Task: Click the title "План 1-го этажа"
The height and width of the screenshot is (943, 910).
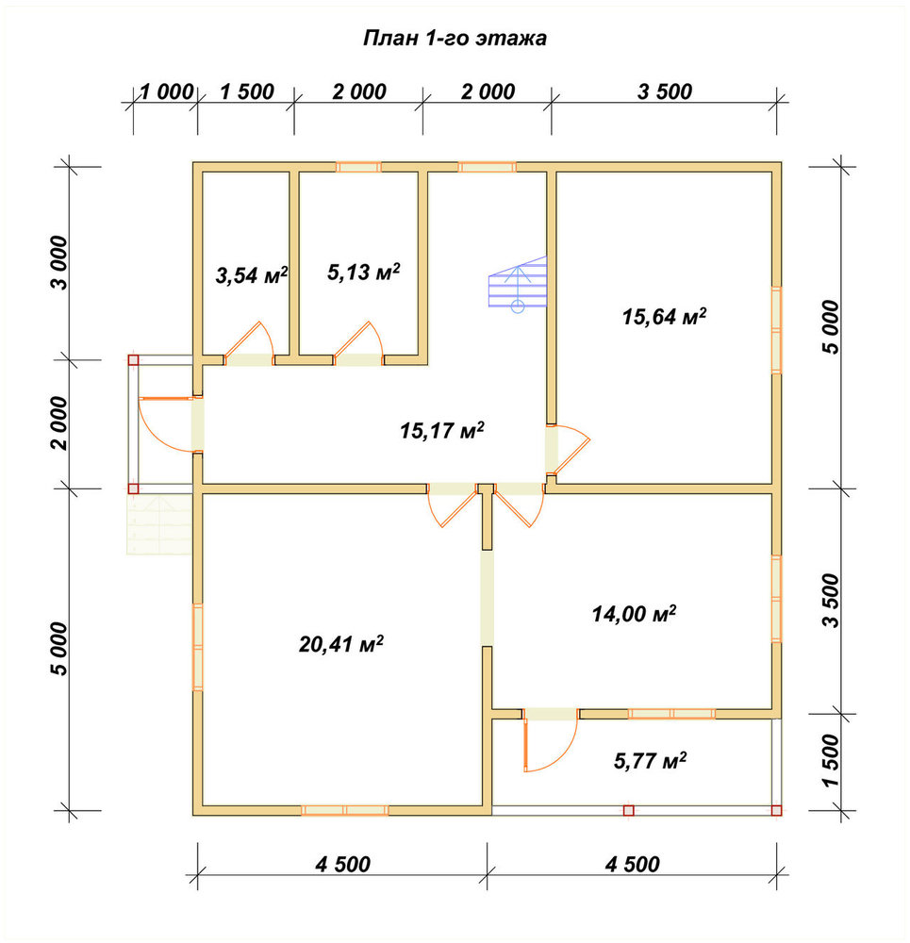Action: (455, 38)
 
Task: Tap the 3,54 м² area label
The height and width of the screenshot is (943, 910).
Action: (252, 275)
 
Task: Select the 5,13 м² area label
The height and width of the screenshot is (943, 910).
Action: (363, 272)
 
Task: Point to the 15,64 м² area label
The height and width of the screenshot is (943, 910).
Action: (664, 316)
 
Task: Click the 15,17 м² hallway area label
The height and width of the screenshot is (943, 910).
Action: (442, 431)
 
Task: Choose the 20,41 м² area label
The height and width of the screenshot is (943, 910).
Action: (341, 644)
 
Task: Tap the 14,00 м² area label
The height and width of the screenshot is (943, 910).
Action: (634, 614)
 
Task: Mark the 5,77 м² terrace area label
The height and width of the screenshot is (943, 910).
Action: (650, 761)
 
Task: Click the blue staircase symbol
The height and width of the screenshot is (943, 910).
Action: (518, 284)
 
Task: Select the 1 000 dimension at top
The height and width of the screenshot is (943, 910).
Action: (167, 92)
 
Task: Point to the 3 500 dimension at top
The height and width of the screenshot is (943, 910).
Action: (665, 92)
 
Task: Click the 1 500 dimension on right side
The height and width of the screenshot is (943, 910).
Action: (831, 760)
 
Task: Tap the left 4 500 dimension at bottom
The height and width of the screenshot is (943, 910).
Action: (343, 864)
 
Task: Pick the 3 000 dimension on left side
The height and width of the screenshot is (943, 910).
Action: (60, 263)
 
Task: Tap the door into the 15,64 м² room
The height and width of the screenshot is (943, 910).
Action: (568, 449)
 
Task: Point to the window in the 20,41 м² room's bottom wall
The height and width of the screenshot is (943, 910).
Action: (344, 810)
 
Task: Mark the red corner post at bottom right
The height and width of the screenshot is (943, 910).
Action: (776, 810)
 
